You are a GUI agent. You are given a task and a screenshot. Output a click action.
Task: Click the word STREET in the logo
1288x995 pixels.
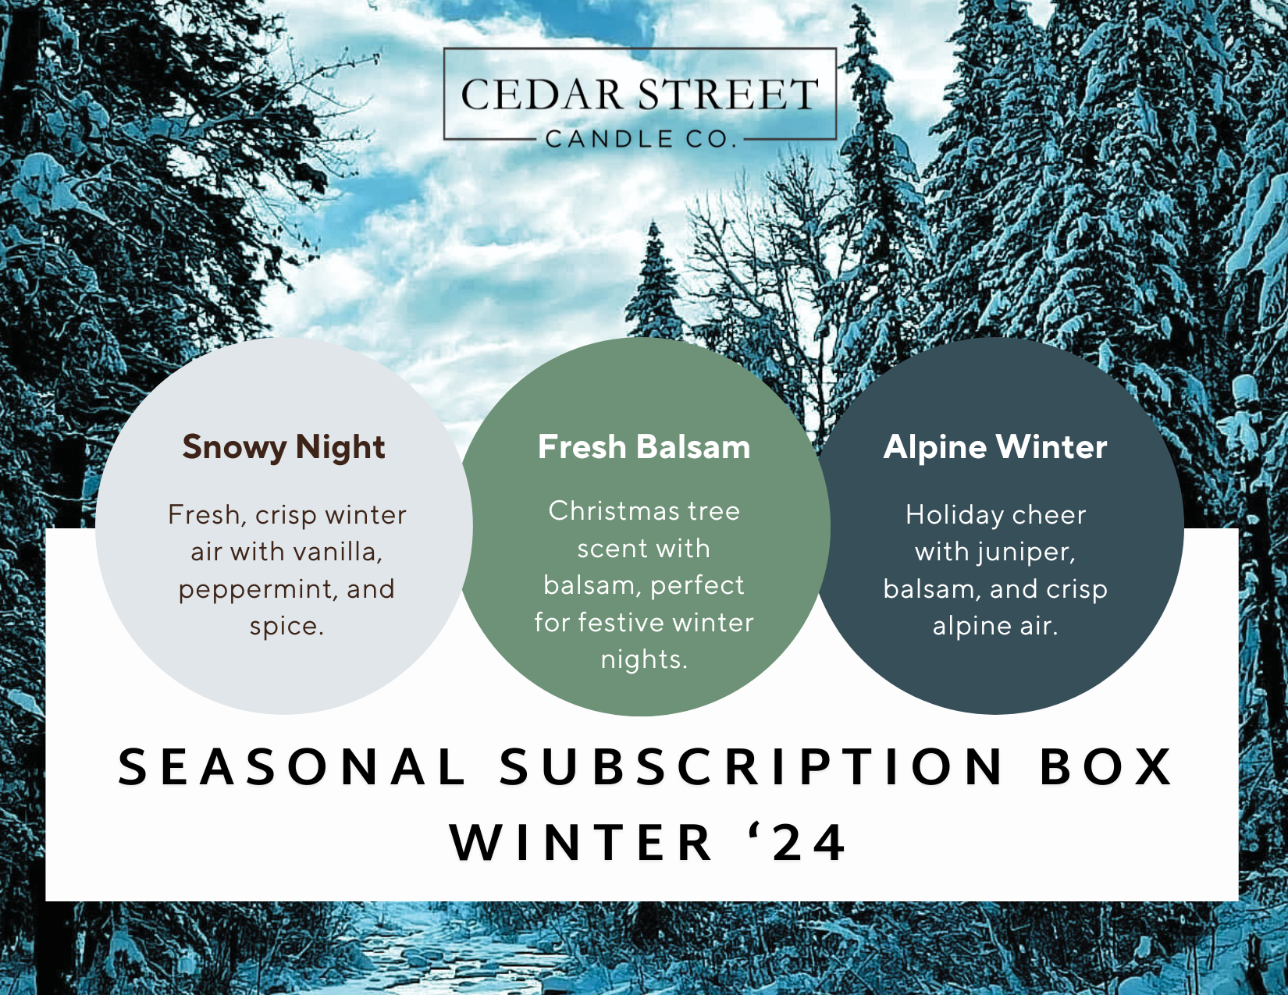point(723,95)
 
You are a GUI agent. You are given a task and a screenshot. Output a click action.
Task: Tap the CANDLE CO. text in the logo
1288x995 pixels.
point(641,139)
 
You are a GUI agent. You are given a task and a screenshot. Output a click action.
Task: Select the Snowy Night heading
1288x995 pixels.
point(284,447)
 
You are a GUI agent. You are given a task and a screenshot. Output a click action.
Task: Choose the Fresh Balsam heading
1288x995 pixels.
point(644,447)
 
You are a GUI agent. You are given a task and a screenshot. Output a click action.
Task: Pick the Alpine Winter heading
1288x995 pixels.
point(995,447)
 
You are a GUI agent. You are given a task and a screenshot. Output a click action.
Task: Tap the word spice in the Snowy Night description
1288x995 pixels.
point(286,627)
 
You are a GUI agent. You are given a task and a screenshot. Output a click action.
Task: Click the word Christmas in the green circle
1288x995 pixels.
point(607,511)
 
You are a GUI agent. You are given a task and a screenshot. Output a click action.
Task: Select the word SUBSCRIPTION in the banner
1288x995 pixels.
point(752,767)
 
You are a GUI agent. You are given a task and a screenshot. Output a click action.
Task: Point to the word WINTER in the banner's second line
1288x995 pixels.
point(581,843)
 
